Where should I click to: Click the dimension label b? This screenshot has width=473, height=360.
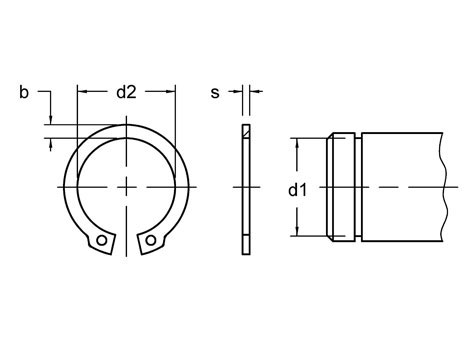24,92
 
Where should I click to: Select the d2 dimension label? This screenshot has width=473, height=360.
126,92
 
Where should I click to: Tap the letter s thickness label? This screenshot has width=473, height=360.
215,93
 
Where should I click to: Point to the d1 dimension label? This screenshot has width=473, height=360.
297,190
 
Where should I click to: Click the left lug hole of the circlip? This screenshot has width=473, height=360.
102,240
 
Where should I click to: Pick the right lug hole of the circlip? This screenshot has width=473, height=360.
151,240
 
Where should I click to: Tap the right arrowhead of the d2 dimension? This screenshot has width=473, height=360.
171,91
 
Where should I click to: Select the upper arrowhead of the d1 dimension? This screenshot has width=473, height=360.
298,143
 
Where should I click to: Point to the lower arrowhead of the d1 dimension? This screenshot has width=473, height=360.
298,231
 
